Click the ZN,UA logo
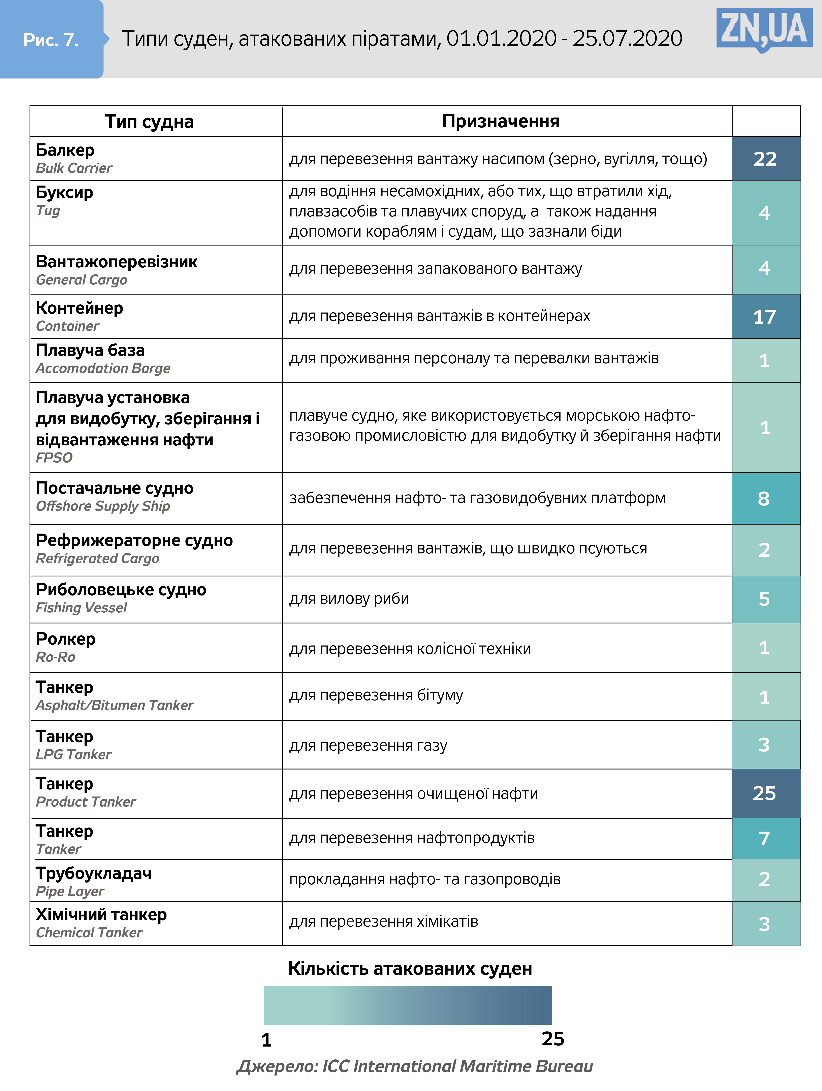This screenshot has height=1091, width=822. (x=764, y=30)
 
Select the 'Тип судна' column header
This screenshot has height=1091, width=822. (x=149, y=121)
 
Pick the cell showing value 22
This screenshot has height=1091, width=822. (x=765, y=159)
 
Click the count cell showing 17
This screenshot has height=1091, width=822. (x=765, y=317)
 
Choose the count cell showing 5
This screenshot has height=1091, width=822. (x=764, y=599)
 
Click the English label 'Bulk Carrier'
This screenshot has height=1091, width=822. (x=74, y=168)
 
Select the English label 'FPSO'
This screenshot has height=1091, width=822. (x=54, y=458)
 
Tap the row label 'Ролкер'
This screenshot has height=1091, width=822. (x=66, y=639)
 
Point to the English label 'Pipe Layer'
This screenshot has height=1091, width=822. (x=70, y=891)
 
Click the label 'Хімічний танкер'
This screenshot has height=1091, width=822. (x=101, y=914)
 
